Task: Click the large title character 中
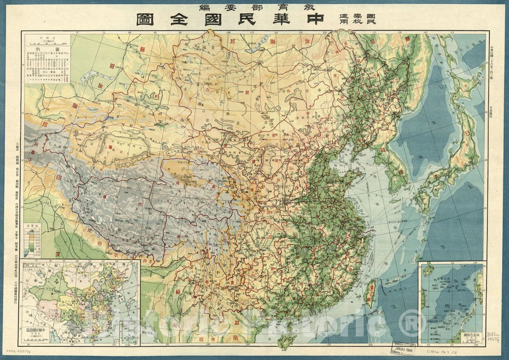[x=313, y=20]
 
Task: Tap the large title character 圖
[x=146, y=20]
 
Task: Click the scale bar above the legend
[x=48, y=41]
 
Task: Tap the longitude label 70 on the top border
[x=77, y=32]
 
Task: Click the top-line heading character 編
[x=207, y=7]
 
